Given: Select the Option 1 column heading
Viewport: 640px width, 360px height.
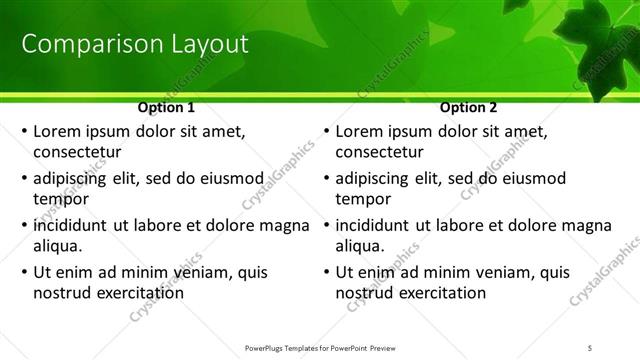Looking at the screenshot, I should tap(166, 107).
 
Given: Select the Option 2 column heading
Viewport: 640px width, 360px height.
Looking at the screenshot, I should tap(468, 107).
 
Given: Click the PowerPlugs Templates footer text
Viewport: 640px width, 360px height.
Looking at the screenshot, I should tap(320, 347).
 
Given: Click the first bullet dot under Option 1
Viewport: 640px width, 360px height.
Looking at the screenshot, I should tap(24, 132).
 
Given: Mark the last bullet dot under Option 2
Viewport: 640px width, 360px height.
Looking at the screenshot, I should tap(326, 272).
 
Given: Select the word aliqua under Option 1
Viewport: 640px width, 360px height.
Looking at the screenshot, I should tap(57, 246).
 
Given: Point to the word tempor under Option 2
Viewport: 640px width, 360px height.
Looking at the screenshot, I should tap(363, 199).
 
